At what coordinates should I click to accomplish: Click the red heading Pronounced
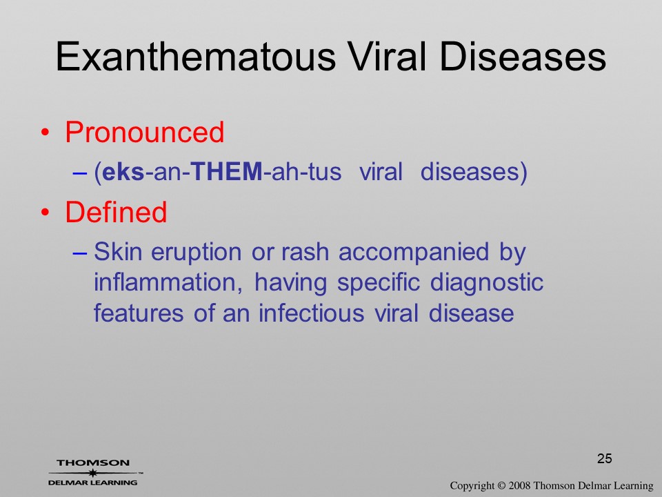(145, 133)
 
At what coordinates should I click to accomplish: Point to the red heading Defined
(116, 212)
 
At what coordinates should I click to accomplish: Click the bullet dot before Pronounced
(46, 133)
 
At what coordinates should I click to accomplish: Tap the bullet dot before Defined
(46, 213)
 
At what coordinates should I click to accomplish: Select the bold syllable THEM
(227, 172)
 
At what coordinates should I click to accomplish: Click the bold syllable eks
(123, 172)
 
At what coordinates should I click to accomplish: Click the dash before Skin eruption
(80, 253)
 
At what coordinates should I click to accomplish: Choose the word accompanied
(413, 253)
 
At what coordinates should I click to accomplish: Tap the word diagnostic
(486, 284)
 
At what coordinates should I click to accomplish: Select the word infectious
(311, 313)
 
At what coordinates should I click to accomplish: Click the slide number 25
(605, 458)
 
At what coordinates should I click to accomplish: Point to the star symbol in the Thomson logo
(93, 473)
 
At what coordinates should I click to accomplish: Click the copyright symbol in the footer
(501, 486)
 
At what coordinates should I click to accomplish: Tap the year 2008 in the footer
(519, 486)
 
